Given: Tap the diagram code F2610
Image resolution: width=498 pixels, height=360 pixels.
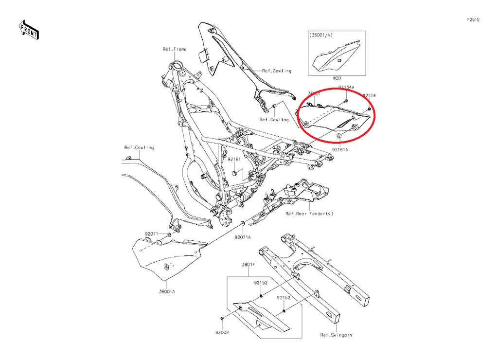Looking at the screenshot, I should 473,20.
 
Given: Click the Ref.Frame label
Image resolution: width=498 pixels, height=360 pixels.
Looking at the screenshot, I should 174,49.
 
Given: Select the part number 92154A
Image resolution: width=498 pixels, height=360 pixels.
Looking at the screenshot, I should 346,87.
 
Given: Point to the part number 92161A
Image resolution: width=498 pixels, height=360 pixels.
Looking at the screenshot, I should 340,150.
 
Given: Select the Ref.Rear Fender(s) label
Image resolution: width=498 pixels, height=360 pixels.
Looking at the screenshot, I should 309,214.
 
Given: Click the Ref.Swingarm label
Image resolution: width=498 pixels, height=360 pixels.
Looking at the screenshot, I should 336,335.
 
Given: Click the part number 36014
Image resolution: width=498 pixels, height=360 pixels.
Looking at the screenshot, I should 249,265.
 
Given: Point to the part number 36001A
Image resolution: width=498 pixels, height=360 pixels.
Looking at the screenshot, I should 166,292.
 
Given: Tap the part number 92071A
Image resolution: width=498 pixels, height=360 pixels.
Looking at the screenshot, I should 243,237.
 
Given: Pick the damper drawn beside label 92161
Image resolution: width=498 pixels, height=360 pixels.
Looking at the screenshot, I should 234,172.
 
